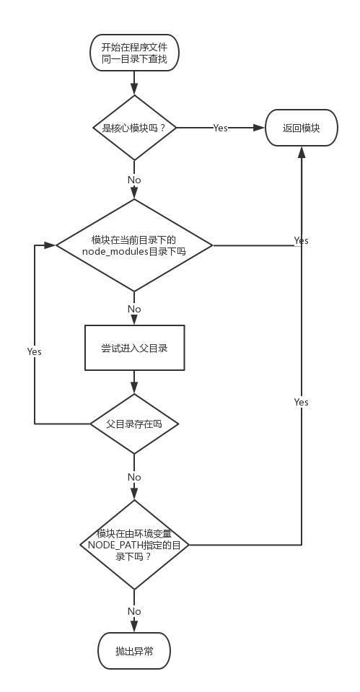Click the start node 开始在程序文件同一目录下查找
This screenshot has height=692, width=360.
[x=134, y=53]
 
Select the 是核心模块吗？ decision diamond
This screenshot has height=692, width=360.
[x=134, y=128]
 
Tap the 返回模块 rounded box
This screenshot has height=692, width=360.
[x=301, y=128]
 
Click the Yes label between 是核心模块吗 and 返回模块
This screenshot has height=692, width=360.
[x=220, y=128]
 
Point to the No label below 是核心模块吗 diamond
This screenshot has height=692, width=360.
[x=134, y=180]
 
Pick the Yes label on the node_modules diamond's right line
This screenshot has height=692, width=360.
[x=301, y=240]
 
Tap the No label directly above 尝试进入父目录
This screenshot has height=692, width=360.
[x=134, y=309]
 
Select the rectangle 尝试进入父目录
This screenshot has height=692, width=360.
[x=134, y=348]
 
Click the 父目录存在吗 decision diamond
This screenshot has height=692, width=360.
[x=134, y=424]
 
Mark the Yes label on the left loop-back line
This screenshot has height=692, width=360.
[x=34, y=351]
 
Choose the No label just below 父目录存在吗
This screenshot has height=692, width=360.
[x=134, y=477]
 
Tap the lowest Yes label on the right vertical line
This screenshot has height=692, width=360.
[x=301, y=402]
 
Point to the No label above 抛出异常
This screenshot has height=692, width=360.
[x=134, y=611]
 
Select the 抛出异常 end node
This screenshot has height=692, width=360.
[x=134, y=652]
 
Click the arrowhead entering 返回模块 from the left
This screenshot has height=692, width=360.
[x=259, y=128]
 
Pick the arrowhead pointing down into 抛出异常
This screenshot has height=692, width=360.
[x=134, y=628]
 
